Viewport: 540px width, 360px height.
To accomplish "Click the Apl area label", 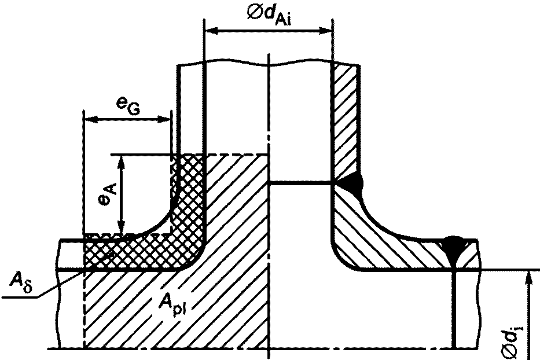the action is [x=172, y=304].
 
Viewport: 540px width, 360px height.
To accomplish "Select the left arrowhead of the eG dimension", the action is [x=90, y=120].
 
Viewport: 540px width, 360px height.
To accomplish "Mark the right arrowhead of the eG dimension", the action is [x=164, y=120].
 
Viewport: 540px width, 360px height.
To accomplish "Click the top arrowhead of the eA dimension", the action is [x=120, y=161].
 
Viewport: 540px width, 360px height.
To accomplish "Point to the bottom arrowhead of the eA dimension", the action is [x=120, y=227].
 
